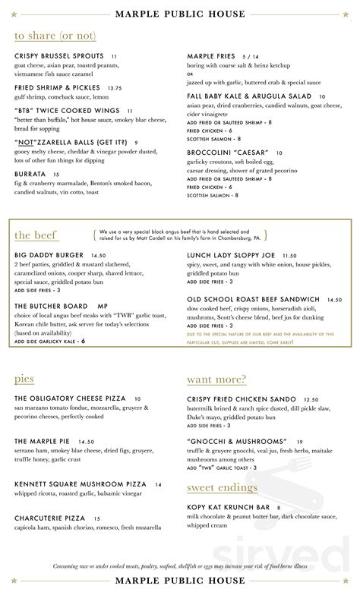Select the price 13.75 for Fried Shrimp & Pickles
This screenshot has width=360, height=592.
coord(115,88)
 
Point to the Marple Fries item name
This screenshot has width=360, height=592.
coord(213,56)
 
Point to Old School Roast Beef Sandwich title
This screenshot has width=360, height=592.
coord(253,299)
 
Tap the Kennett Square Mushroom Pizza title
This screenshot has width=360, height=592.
coord(79,483)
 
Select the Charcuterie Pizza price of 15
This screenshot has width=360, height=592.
coord(97,518)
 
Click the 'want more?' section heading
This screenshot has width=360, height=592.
coord(216,379)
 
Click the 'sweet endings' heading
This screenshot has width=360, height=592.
coord(222,487)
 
